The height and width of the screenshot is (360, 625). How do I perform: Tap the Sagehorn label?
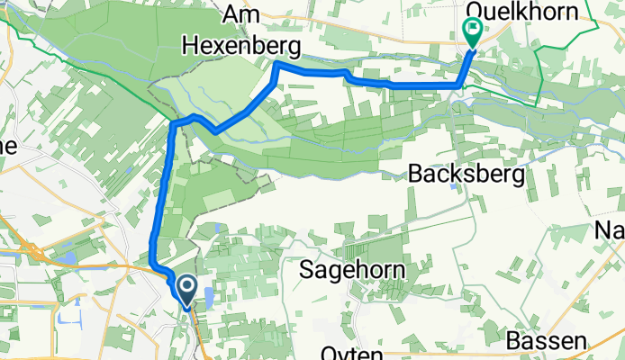click(352, 269)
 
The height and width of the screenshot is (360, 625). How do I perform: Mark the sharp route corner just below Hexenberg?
click(277, 65)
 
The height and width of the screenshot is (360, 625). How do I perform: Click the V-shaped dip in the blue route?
click(214, 131)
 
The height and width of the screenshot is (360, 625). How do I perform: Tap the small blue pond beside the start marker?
click(210, 298)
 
